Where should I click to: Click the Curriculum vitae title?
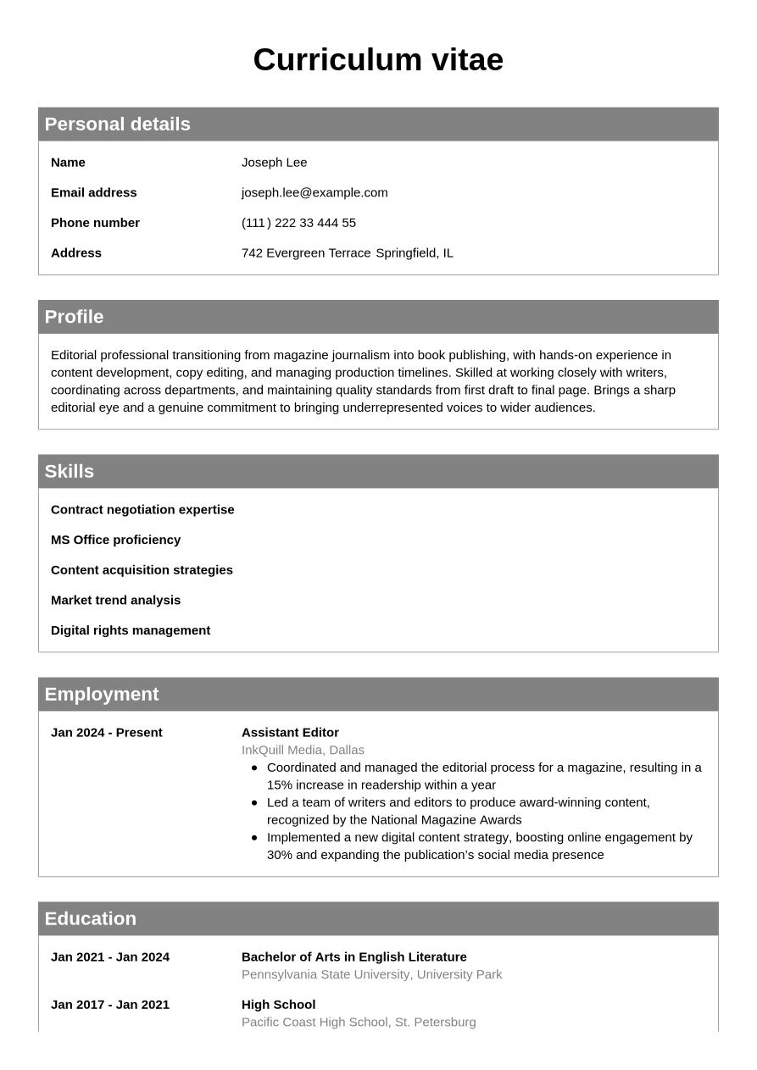[x=378, y=60]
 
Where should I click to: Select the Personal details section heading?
[x=117, y=125]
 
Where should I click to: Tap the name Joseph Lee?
[x=274, y=163]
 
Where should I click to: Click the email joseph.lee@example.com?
[x=314, y=193]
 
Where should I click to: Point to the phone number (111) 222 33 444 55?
[x=298, y=223]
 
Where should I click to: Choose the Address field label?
[x=76, y=253]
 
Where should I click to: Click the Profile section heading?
[x=74, y=317]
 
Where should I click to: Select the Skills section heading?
[x=69, y=472]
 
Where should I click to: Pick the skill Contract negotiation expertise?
[x=142, y=510]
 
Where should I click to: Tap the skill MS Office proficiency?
[x=115, y=540]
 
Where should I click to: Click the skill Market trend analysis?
[x=115, y=601]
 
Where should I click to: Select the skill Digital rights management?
[x=131, y=630]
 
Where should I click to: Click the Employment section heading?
[x=101, y=695]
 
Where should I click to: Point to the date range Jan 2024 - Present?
[x=106, y=733]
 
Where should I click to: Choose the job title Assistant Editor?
[x=290, y=733]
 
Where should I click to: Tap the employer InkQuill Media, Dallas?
[x=303, y=751]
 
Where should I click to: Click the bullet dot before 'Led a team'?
[x=254, y=802]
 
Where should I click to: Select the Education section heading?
[x=90, y=919]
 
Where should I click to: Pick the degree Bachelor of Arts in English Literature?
[x=353, y=957]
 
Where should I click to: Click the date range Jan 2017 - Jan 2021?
[x=110, y=1005]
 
